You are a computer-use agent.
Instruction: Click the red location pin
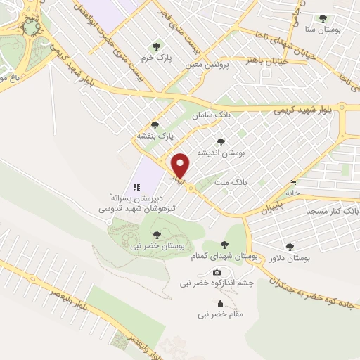tap(181, 165)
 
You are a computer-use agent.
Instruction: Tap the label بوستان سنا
tap(321, 30)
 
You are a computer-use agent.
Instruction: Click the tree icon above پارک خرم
tap(155, 46)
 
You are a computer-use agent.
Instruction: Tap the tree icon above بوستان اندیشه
tap(221, 141)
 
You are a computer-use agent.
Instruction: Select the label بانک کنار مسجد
tap(332, 210)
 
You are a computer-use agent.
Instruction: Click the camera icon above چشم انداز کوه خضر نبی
tap(217, 272)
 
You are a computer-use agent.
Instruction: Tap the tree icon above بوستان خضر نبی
tap(156, 234)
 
